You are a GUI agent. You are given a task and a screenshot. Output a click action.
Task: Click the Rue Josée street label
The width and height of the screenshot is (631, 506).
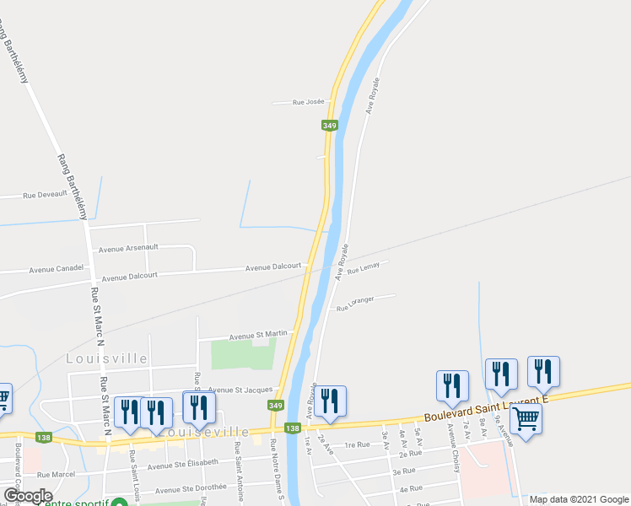(308, 102)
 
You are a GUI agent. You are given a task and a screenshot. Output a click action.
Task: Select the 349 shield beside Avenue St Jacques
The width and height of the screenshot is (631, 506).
(276, 406)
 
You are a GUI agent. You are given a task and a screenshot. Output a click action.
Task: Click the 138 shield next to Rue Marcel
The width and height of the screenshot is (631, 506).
(43, 437)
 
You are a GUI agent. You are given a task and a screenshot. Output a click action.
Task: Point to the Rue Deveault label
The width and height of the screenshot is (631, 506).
(45, 195)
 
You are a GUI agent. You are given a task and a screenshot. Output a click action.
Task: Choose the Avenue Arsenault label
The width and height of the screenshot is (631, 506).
(128, 249)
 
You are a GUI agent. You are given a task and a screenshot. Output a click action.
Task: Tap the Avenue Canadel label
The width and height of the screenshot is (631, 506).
(57, 269)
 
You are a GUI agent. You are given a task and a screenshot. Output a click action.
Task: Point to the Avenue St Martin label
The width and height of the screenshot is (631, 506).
(258, 334)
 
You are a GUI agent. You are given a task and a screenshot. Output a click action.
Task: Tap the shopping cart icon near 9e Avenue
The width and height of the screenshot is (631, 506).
(526, 417)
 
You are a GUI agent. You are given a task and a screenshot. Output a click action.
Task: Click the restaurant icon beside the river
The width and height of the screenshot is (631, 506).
(330, 401)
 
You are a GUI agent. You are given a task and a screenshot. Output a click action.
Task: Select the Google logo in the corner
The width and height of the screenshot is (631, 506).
(28, 496)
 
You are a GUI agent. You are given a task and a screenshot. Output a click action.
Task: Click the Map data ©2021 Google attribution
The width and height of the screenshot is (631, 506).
(579, 499)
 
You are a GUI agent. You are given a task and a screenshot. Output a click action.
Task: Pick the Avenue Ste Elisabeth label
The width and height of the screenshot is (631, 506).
(182, 463)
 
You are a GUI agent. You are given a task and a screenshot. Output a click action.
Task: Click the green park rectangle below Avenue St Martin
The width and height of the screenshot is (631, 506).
(244, 354)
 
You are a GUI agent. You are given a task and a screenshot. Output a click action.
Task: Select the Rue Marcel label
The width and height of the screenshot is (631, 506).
(57, 475)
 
